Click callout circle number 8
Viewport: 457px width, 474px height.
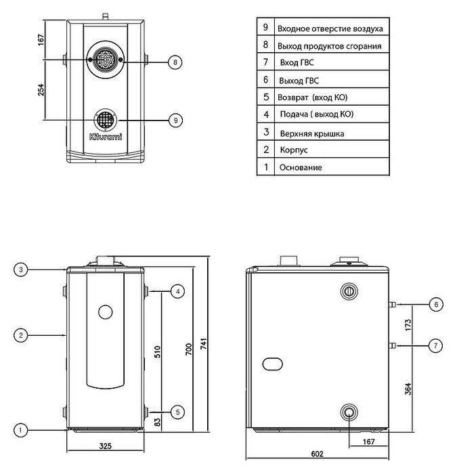175,62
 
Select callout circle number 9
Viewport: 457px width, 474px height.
175,120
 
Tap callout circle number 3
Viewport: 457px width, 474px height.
22,270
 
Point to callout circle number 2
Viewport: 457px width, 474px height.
22,335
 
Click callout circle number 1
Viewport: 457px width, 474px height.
22,429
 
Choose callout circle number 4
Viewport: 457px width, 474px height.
177,291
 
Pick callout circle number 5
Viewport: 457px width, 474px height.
177,410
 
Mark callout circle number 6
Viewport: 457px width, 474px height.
436,305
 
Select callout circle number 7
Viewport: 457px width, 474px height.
436,346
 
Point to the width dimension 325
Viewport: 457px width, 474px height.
105,448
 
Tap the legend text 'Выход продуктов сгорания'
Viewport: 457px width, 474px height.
329,46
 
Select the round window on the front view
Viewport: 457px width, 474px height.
105,312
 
